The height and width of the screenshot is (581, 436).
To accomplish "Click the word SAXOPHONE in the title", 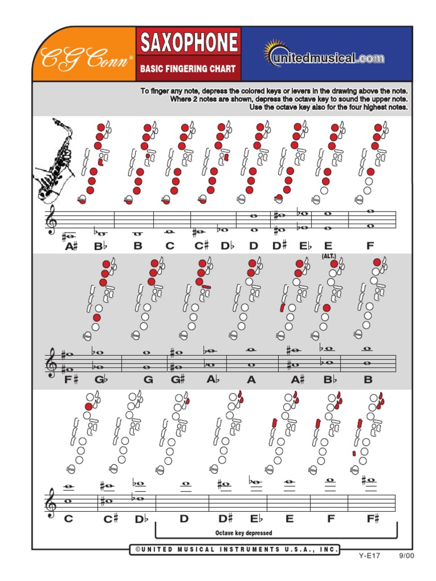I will [188, 43].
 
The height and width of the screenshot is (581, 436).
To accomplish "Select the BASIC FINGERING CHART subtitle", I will [188, 69].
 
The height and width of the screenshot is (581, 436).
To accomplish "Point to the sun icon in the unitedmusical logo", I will [274, 52].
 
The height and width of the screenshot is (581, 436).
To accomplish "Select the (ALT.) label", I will [329, 256].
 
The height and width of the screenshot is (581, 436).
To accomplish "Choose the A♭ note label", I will [212, 380].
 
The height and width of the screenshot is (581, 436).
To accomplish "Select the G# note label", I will [179, 380].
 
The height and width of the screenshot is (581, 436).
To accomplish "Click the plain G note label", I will [148, 380].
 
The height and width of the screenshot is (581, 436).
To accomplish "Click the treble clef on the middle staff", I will [52, 363].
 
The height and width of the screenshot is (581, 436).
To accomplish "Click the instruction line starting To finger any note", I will [274, 91].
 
